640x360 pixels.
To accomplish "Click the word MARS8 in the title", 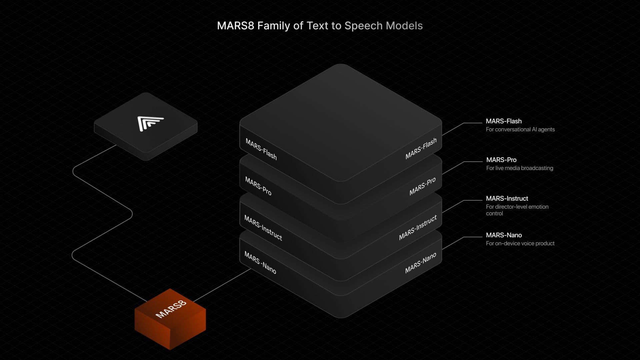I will (235, 26).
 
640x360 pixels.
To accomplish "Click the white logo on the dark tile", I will (150, 123).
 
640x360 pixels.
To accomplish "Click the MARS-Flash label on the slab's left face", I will (261, 149).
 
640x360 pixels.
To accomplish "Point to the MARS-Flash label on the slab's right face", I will (421, 149).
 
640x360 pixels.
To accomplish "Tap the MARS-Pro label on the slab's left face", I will (258, 186).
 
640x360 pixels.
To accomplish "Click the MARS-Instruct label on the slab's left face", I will (263, 228).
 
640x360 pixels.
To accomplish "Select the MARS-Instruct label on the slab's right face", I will (418, 228).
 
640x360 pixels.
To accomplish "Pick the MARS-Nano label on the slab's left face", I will (260, 263).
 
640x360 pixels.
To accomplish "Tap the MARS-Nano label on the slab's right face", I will (420, 263).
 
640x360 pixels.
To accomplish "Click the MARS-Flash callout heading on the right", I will (503, 121).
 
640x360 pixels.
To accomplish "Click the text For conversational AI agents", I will (520, 129).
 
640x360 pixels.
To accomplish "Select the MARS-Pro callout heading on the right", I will (501, 160).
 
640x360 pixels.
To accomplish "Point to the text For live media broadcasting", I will (519, 168).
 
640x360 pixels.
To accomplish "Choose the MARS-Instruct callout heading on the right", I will (507, 199).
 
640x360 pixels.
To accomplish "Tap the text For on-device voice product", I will (520, 243).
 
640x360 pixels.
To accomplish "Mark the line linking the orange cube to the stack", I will (222, 285).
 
